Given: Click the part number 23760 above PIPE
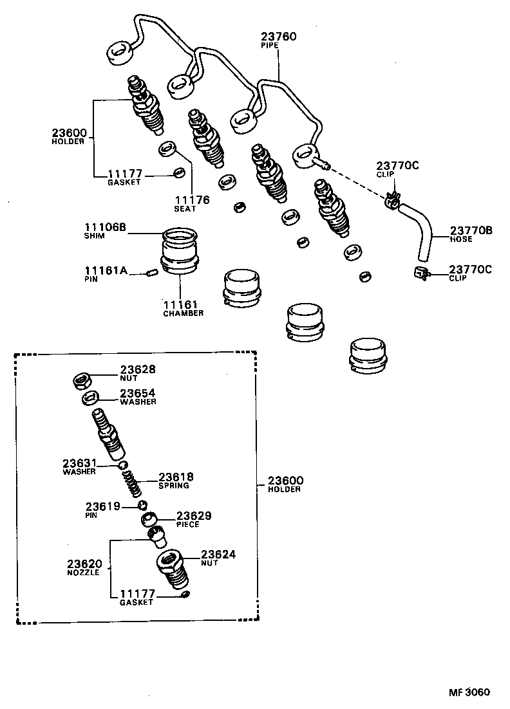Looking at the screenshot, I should pos(278,37).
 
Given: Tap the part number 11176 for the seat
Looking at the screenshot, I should pos(191,199).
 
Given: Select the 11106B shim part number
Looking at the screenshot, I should pos(105,227).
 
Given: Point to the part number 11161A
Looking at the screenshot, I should pos(105,271).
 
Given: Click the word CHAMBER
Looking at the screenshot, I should pos(183,313).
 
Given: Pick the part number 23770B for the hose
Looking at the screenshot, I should pos(471,230).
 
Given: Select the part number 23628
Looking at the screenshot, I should pos(137,369).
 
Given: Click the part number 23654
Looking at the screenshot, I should pos(137,392).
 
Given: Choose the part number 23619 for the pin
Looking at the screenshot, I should pos(103,507).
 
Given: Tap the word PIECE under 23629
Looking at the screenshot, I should pos(187,524).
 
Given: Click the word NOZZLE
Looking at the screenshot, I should pos(84,572).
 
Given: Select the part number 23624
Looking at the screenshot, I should pos(218,554).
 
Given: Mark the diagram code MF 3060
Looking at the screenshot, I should pos(469,692).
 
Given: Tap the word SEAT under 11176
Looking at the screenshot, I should pos(184,208).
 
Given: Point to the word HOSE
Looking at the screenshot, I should pos(461,239).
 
